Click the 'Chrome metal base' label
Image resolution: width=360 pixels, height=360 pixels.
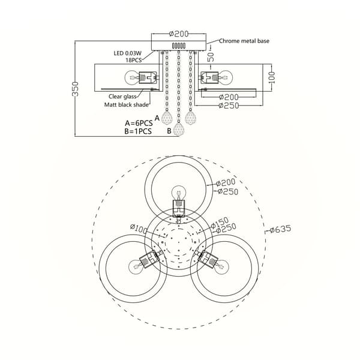(x=244, y=41)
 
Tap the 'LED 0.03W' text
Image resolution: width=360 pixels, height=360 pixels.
(x=128, y=53)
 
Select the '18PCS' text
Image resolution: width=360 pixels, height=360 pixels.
(x=133, y=60)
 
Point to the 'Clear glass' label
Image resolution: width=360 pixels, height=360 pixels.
(x=122, y=97)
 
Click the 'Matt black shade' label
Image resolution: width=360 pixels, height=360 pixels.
(x=127, y=104)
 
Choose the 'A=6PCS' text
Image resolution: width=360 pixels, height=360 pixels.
(x=139, y=123)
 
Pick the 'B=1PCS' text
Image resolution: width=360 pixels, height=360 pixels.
(x=138, y=131)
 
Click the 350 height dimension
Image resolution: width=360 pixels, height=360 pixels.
(x=76, y=89)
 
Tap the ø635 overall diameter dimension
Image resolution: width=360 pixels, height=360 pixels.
(x=280, y=229)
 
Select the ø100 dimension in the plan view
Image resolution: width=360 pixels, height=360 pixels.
(x=139, y=228)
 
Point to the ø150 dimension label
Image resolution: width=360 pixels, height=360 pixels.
(x=220, y=223)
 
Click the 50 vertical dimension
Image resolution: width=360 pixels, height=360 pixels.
(x=211, y=57)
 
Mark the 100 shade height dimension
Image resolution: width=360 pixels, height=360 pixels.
(x=271, y=77)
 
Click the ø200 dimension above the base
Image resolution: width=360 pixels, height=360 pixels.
(x=179, y=34)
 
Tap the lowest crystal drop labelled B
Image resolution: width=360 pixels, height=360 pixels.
(x=179, y=130)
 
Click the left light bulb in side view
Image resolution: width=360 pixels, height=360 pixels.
(x=132, y=77)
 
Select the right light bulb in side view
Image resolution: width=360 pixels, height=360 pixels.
(x=226, y=77)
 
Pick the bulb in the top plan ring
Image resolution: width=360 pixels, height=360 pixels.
(x=179, y=193)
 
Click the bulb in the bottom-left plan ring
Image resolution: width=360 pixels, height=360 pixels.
(x=135, y=267)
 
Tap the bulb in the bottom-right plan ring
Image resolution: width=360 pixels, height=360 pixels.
(x=221, y=267)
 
